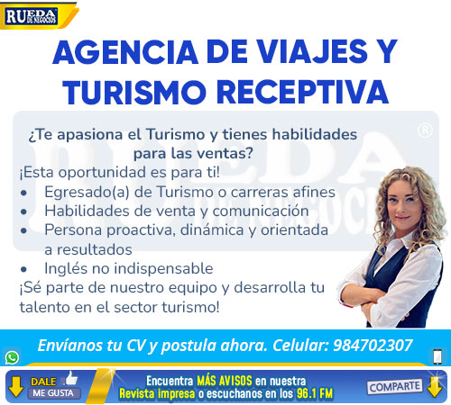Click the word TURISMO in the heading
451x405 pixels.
coord(134,92)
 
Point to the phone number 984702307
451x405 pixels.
coord(373,346)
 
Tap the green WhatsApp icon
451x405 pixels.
coord(12,357)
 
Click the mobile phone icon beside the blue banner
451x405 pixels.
coord(437,356)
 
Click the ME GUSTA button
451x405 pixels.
coord(53,393)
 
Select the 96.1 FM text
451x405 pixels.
coord(315,393)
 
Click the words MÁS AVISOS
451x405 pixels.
coord(225,381)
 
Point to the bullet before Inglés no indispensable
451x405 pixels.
coord(24,269)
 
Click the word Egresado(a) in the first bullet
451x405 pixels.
coord(87,193)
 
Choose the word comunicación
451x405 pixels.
coord(261,211)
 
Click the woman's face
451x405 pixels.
coord(405,201)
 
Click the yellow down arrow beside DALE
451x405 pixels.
coord(16,387)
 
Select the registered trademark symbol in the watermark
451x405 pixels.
coord(425,130)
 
